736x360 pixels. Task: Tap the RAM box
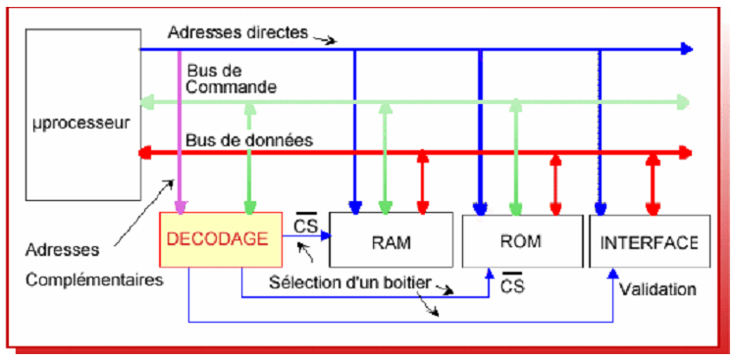click(391, 239)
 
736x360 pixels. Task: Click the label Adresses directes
click(237, 31)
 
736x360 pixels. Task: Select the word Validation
click(657, 289)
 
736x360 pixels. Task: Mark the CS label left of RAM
click(304, 226)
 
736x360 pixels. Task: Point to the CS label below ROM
click(512, 286)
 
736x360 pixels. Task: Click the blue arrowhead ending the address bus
click(686, 48)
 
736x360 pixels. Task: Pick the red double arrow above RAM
click(422, 181)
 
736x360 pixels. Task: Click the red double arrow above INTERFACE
click(652, 181)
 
